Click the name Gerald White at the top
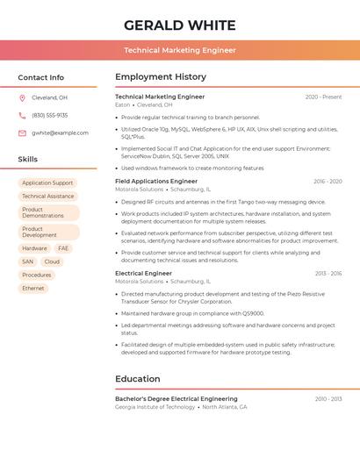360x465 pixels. (x=180, y=25)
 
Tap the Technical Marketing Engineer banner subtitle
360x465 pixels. (x=180, y=50)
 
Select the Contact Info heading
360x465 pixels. (x=41, y=77)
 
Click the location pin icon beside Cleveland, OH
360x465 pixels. (x=22, y=97)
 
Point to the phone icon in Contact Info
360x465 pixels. (x=22, y=115)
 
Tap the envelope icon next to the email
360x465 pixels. (x=22, y=132)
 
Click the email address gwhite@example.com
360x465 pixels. (x=60, y=132)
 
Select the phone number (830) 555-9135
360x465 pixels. (x=49, y=115)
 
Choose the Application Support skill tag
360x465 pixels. (x=47, y=183)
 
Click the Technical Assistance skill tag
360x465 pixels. (x=47, y=197)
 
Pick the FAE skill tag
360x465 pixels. (x=63, y=248)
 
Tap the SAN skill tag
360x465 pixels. (x=28, y=261)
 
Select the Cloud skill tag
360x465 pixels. (x=52, y=261)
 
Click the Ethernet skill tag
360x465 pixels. (x=33, y=288)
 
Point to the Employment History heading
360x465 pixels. (x=161, y=77)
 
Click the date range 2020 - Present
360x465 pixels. (x=323, y=97)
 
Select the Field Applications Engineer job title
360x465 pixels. (x=156, y=181)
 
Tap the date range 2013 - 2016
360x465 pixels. (x=328, y=273)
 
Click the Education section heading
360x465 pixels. (x=138, y=379)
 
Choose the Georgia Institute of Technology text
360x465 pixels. (x=155, y=407)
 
